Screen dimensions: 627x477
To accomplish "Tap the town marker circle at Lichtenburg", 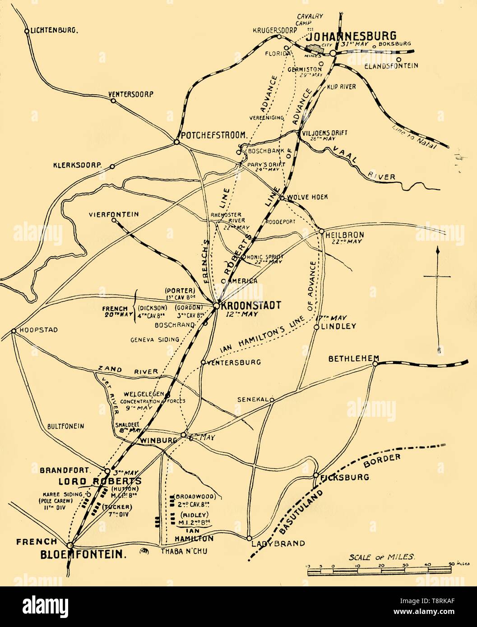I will (x=27, y=31).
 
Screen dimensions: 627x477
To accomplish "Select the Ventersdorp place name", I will (x=131, y=95).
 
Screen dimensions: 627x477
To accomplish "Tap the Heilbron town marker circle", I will (x=322, y=231).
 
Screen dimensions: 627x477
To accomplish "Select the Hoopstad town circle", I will (x=14, y=331).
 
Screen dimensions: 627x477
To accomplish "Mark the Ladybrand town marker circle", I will (x=249, y=538).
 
